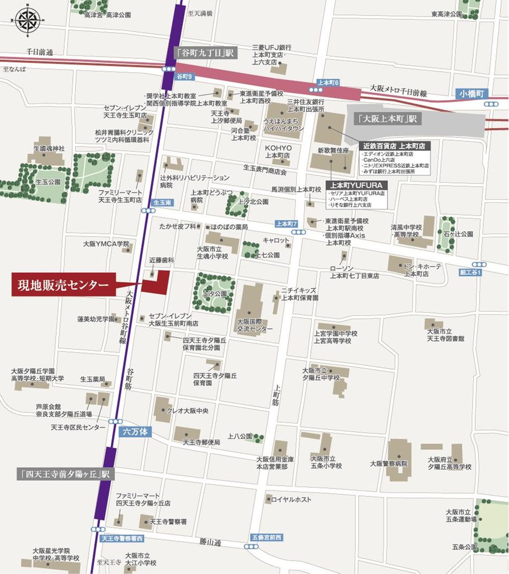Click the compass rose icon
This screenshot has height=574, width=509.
[27, 20]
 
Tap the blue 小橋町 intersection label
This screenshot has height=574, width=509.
[471, 93]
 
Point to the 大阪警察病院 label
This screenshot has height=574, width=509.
[389, 463]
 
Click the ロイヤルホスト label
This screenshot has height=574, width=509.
[291, 500]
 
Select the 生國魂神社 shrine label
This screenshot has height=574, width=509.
[49, 148]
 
